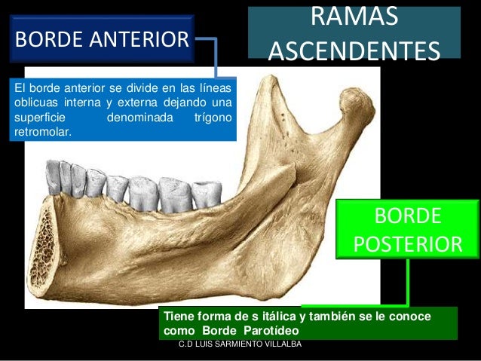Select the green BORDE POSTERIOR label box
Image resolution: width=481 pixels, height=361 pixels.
click(408, 229)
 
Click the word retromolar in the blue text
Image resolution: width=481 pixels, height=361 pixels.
click(42, 133)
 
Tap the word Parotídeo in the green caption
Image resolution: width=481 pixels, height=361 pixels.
click(272, 331)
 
